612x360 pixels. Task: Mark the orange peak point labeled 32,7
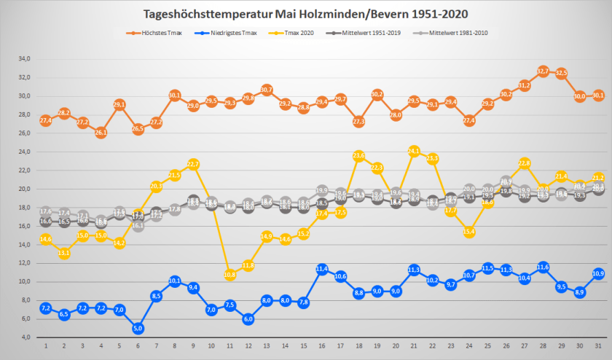(543, 71)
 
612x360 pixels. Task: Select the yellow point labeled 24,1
(414, 151)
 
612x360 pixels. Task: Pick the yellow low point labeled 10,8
(229, 275)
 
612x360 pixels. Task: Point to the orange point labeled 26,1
(101, 133)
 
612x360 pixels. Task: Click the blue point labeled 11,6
(543, 267)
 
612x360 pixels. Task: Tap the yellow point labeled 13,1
(63, 253)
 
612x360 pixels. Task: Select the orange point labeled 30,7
(267, 90)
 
